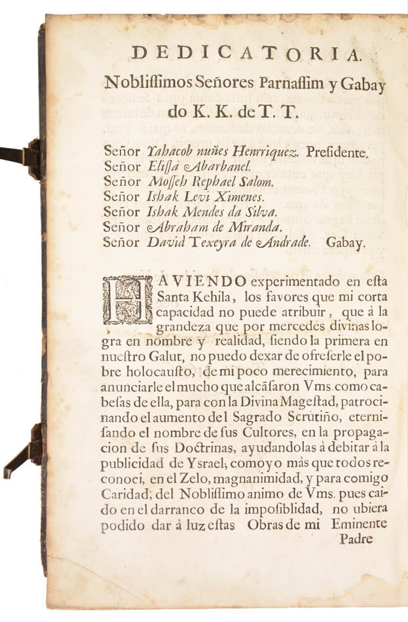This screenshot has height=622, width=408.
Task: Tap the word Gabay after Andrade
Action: coord(352,242)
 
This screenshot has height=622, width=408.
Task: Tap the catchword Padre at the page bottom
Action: coord(356,540)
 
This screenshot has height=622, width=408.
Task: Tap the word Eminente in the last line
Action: coord(360,524)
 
